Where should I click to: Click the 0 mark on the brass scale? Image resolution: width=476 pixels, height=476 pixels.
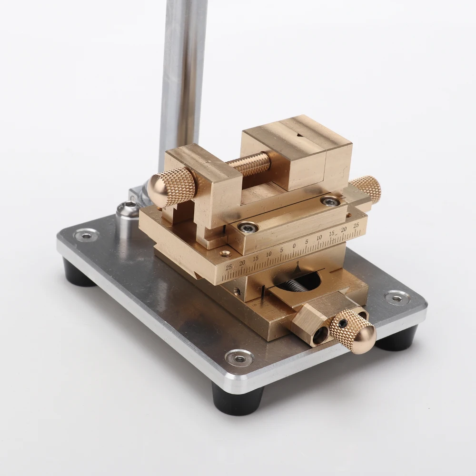click(294, 246)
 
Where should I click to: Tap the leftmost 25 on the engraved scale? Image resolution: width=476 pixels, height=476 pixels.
click(228, 267)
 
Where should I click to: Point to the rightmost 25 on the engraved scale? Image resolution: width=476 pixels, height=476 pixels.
click(356, 225)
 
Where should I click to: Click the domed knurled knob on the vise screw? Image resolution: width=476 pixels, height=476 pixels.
click(171, 187)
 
